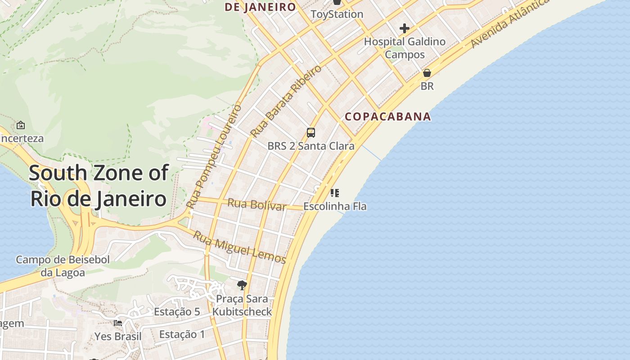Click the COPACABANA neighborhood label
388,117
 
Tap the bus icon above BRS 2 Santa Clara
311,132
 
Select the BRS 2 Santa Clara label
311,146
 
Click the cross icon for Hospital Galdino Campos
404,29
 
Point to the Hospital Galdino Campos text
405,48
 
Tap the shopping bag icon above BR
427,73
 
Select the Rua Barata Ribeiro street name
286,101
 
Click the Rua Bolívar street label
257,204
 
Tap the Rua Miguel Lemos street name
239,247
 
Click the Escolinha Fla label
335,207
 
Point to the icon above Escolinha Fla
334,193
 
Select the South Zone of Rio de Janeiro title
99,185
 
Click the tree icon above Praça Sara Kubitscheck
242,285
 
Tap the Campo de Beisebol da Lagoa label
63,266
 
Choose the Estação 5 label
177,311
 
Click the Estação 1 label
182,334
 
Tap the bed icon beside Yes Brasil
118,323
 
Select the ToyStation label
337,14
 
